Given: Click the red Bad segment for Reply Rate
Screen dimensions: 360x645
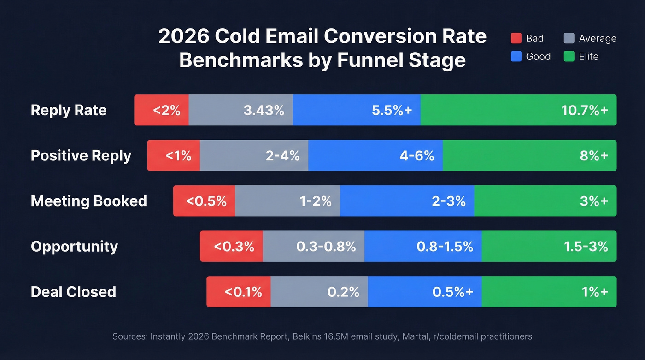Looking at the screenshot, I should (x=162, y=110).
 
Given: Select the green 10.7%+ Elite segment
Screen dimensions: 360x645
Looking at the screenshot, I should (x=518, y=110).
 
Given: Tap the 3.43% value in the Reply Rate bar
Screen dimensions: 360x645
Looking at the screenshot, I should (x=264, y=110).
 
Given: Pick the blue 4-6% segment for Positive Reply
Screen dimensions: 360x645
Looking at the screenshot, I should (x=375, y=156).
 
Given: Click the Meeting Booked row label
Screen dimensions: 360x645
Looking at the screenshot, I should (x=89, y=201).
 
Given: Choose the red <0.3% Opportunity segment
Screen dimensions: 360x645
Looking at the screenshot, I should (x=232, y=246).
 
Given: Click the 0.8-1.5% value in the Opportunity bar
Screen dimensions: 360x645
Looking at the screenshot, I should (x=445, y=246).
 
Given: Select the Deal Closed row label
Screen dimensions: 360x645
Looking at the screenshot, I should (x=73, y=292).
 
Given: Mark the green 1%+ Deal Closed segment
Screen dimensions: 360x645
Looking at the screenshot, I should (x=549, y=292).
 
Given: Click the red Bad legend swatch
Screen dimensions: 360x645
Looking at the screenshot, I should (x=516, y=38).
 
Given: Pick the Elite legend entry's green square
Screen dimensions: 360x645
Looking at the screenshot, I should (x=569, y=57).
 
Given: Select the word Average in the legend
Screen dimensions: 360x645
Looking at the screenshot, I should (x=598, y=38).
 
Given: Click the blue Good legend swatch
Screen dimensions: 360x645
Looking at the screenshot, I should (x=516, y=57).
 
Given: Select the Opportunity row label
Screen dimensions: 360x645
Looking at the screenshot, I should (x=74, y=246).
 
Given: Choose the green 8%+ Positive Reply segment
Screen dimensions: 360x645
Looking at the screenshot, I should (x=529, y=156).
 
